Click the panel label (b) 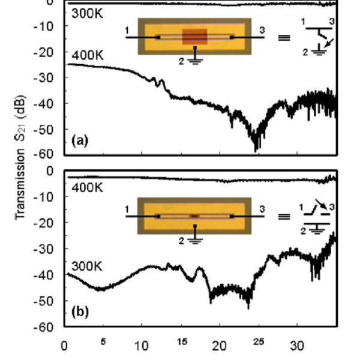tap(79, 312)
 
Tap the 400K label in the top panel tap(88, 56)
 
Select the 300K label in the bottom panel tap(88, 264)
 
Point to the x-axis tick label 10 tap(141, 346)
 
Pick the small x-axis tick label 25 tap(258, 342)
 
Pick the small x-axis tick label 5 tap(103, 342)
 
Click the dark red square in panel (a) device tap(194, 37)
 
